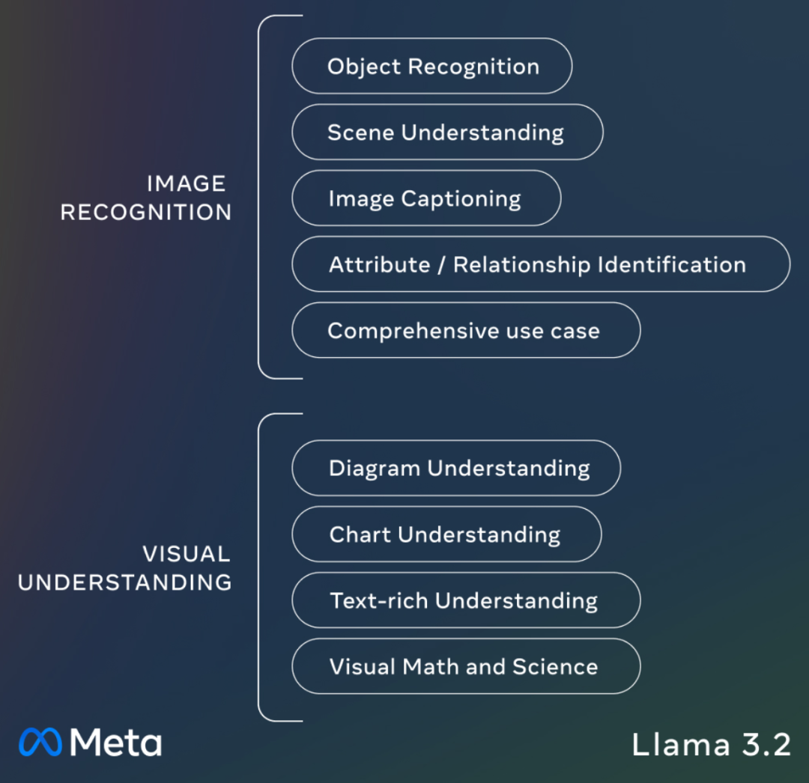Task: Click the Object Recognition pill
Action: [431, 66]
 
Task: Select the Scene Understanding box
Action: [446, 132]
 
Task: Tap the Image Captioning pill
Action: [425, 198]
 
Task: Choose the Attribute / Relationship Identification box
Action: [540, 264]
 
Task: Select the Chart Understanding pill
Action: [446, 534]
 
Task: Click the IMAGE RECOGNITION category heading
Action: [147, 198]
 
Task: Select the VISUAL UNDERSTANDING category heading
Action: [126, 568]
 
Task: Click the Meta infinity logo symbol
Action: [40, 742]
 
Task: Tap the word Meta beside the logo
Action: [116, 742]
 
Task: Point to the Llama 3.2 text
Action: [711, 745]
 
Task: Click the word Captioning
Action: [461, 199]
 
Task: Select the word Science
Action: [555, 666]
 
